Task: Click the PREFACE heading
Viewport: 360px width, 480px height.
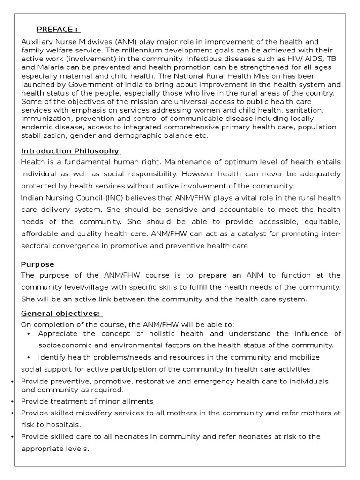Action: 58,30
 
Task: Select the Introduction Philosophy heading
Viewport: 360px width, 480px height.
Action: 69,151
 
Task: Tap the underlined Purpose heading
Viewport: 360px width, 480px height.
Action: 37,264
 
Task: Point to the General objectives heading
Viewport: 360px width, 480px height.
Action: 61,314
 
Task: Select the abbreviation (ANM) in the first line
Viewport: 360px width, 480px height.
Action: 109,42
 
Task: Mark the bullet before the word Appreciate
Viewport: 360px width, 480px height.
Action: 29,334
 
